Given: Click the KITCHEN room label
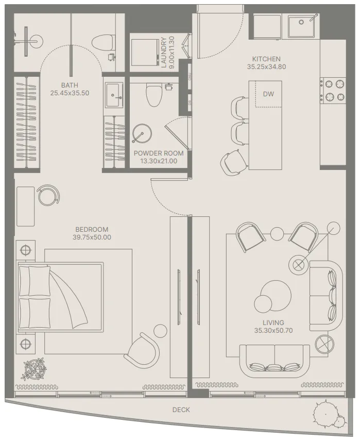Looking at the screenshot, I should coord(266,59).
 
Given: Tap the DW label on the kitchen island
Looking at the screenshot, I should coord(268,94).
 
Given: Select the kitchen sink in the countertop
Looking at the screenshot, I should coord(303,26).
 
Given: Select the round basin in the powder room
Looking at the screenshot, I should coord(141,134).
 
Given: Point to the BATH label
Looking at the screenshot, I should coord(70,86).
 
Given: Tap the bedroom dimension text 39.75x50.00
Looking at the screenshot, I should coord(92,237).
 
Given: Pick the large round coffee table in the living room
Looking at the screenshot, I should coord(271,293).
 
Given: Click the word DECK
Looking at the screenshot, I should coord(181,410).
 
